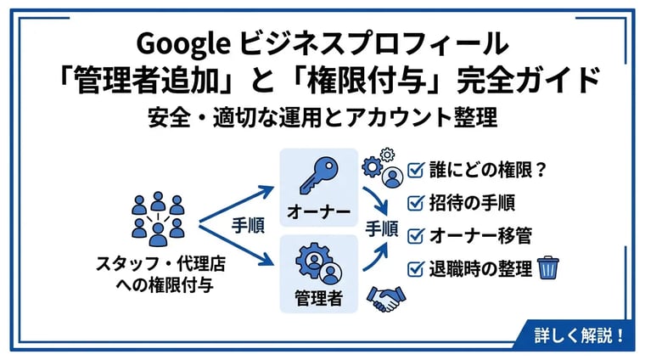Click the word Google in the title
coord(183,44)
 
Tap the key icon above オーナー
coord(319,176)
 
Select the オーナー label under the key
coord(319,211)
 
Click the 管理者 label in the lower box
coord(319,297)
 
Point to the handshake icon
coord(386,299)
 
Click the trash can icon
coord(548,267)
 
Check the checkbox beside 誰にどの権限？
coord(416,169)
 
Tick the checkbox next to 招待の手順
coord(416,202)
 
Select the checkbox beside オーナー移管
coord(416,235)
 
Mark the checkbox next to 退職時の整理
coord(416,268)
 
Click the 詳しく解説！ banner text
coord(579,335)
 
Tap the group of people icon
coord(158,219)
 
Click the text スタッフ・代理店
coord(161,264)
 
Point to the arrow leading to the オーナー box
coord(236,205)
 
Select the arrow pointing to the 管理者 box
coord(236,245)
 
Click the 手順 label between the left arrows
coord(248,226)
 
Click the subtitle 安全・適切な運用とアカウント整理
coord(322,117)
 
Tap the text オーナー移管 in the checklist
coord(480,235)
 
